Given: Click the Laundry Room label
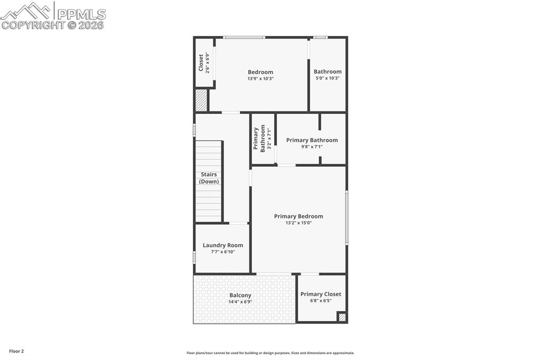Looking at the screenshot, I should pos(223,245).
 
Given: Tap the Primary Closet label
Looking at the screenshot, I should pos(321,294).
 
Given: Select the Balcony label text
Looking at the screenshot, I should pos(240,295).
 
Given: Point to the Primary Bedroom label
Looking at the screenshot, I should pos(299,216).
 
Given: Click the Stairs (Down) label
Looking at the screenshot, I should pos(209,178).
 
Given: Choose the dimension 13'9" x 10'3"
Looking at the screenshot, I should pos(260,79).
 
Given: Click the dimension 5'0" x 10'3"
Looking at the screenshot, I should pos(328,78).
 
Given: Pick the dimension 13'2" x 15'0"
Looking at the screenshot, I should pos(299,223).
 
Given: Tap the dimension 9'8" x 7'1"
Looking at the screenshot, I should pos(312,147).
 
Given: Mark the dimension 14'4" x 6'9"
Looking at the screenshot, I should pos(240,302).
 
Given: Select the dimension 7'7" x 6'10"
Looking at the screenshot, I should pos(223,252).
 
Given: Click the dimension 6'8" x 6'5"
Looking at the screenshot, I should pos(321,301).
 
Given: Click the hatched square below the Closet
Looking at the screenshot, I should pos(201,100).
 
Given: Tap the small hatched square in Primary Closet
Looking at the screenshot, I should pos(342,317).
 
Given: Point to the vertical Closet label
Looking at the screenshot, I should pos(201,63).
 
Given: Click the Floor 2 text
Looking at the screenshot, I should pos(16,351).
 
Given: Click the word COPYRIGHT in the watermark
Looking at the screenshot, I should pos(33,25).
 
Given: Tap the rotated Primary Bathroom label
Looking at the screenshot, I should pos(259,138).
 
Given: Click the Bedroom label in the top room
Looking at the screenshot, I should pos(260,72).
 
